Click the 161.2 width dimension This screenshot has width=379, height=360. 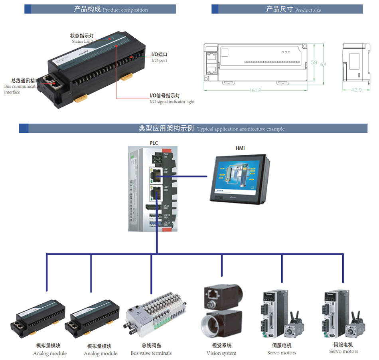click(255, 91)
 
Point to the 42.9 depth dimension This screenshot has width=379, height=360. click(356, 90)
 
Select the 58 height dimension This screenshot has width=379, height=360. click(314, 63)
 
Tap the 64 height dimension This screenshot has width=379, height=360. click(323, 64)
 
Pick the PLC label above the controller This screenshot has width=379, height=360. click(154, 142)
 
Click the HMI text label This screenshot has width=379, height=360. click(240, 148)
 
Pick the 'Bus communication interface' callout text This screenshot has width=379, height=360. click(23, 86)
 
